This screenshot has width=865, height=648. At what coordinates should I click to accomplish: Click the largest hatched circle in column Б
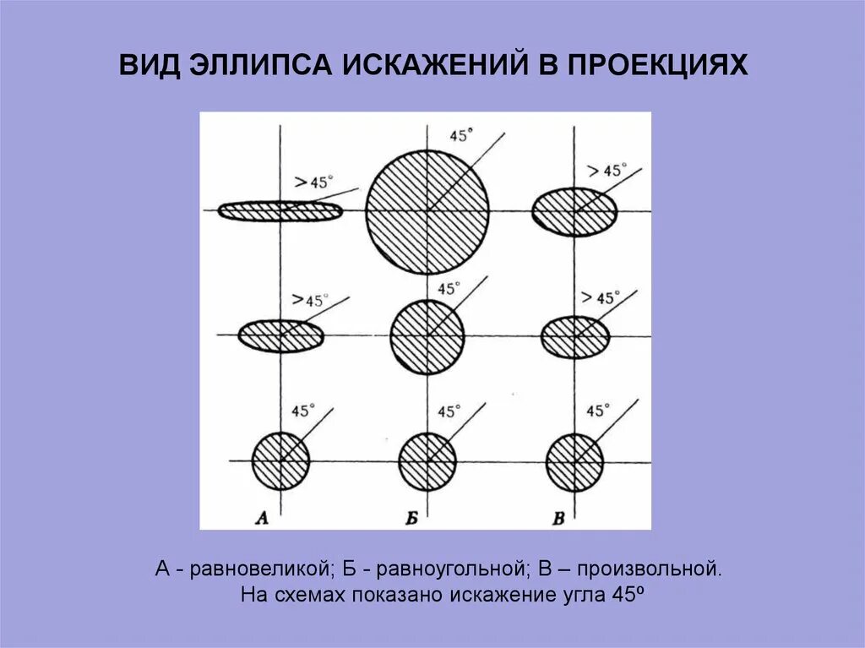pos(427,210)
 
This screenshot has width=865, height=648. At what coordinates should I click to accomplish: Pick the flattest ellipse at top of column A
pos(280,210)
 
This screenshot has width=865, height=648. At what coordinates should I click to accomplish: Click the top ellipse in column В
pos(574,211)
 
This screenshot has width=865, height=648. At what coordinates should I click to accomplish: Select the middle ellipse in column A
pos(280,336)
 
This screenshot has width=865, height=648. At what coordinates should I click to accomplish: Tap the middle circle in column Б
pos(427,336)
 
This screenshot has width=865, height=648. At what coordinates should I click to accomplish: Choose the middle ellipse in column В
pos(574,336)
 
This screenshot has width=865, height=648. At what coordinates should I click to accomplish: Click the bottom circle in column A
pos(280,460)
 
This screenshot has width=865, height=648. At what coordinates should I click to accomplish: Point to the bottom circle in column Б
pos(427,461)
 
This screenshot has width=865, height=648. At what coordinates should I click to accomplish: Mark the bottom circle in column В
pos(574,461)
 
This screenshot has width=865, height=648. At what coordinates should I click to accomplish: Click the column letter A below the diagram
pos(262,519)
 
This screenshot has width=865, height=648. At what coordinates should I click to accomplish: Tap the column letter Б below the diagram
pos(411,519)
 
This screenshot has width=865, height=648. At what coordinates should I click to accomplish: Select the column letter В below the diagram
pos(558,519)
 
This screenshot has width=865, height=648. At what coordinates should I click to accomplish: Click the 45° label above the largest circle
pos(461,135)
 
